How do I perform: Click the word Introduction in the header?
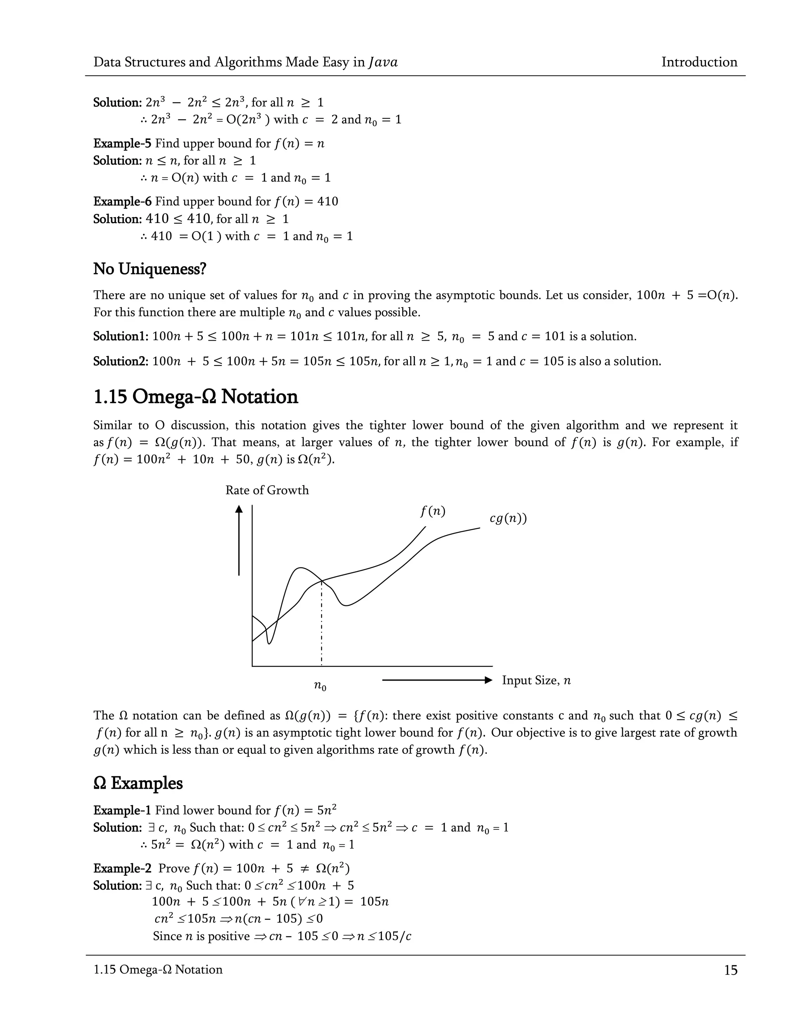click(x=699, y=62)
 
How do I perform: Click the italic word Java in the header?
click(x=383, y=62)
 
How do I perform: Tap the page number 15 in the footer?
click(x=730, y=970)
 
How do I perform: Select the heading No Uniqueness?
click(x=150, y=269)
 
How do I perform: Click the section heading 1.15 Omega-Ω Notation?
click(x=195, y=396)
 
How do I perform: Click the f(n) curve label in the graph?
click(x=432, y=511)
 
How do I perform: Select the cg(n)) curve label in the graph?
click(x=507, y=518)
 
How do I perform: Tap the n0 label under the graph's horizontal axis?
click(x=320, y=686)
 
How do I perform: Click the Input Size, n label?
click(x=536, y=680)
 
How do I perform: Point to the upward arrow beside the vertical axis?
click(x=239, y=541)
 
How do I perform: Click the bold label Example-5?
click(x=122, y=143)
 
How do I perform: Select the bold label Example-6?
click(x=122, y=202)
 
